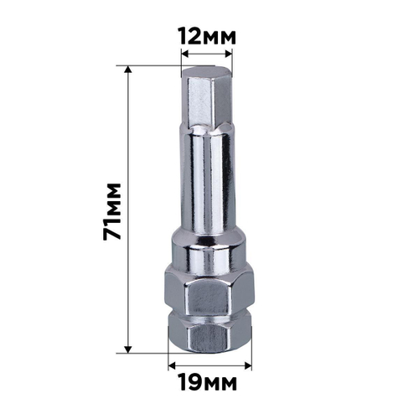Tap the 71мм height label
[112, 209]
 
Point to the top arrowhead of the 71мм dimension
[128, 69]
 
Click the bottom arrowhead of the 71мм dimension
[128, 349]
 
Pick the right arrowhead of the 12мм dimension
[229, 59]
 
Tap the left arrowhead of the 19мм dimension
[171, 365]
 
